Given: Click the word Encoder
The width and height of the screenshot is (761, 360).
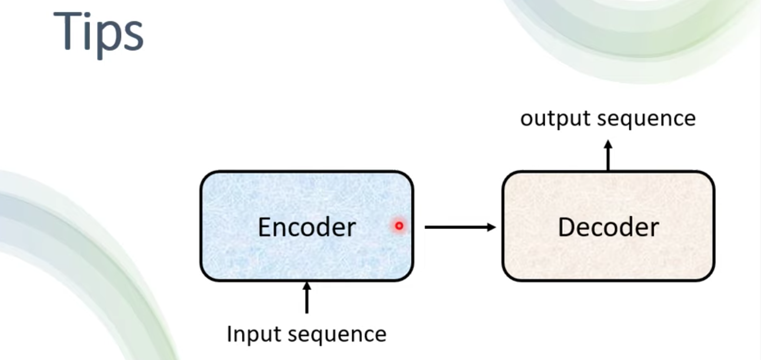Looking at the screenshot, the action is [307, 227].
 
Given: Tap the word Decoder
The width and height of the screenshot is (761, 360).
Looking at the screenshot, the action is [609, 227].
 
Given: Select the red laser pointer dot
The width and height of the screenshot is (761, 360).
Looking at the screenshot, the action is [399, 226].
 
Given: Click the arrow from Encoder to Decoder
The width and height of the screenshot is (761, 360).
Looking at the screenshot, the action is [460, 227].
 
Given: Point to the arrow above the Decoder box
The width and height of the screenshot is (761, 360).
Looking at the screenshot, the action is [608, 155].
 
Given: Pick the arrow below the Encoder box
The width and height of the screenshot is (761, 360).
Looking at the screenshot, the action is [307, 298].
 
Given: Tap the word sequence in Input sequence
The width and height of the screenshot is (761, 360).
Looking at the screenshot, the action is [337, 335].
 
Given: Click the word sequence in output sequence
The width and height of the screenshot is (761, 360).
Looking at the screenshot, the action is [646, 119].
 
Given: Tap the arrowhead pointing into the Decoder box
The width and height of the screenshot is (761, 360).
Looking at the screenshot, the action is [492, 227].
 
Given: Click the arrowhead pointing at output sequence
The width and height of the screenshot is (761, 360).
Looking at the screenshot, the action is [608, 144].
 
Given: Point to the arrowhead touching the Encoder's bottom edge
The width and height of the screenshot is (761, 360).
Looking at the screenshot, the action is [307, 286].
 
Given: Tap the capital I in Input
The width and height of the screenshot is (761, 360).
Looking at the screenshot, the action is [229, 334].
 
